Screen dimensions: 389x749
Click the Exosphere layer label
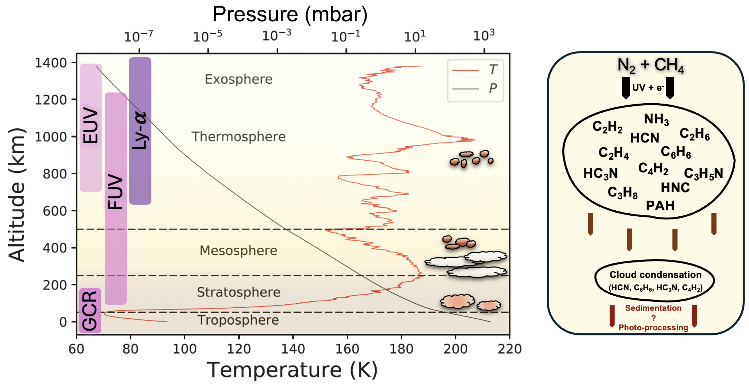point(238,79)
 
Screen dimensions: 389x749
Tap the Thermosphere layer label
point(238,136)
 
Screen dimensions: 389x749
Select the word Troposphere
point(238,320)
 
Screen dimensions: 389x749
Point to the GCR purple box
point(90,310)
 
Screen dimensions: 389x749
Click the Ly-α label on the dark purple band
point(140,130)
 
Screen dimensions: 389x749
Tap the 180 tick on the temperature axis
point(401,349)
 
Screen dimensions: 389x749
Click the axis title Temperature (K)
point(292,370)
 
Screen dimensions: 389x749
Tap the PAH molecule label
point(660,206)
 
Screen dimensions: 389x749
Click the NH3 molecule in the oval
point(656,119)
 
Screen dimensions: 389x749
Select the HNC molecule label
point(675,188)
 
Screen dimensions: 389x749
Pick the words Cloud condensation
point(655,275)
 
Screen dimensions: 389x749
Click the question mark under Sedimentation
point(654,318)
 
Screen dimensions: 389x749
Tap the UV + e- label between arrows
point(648,87)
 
